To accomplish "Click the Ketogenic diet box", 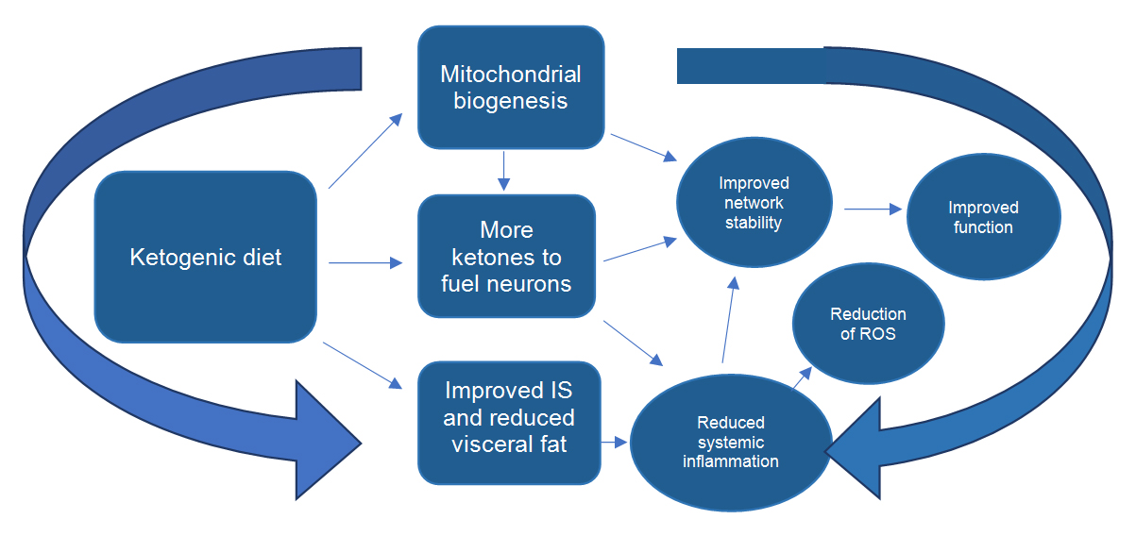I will click(x=205, y=257).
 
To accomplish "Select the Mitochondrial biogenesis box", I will click(x=511, y=87).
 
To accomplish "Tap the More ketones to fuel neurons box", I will click(x=507, y=256).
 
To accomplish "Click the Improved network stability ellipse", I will click(x=754, y=202).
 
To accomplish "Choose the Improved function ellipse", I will click(x=983, y=217).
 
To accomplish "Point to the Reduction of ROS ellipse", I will click(x=868, y=324).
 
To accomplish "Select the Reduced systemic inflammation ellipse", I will click(x=730, y=442).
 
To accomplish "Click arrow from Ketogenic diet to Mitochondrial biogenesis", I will click(x=365, y=151).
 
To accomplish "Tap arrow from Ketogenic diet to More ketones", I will click(x=364, y=264).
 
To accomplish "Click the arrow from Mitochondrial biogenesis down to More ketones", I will click(x=505, y=169).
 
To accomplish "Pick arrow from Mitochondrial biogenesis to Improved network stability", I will click(x=643, y=146).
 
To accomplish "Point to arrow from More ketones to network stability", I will click(x=639, y=249).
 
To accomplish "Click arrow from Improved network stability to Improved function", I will click(x=873, y=209).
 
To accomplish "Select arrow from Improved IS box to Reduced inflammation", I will click(x=616, y=441).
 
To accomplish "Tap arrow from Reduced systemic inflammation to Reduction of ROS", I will click(x=801, y=377).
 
